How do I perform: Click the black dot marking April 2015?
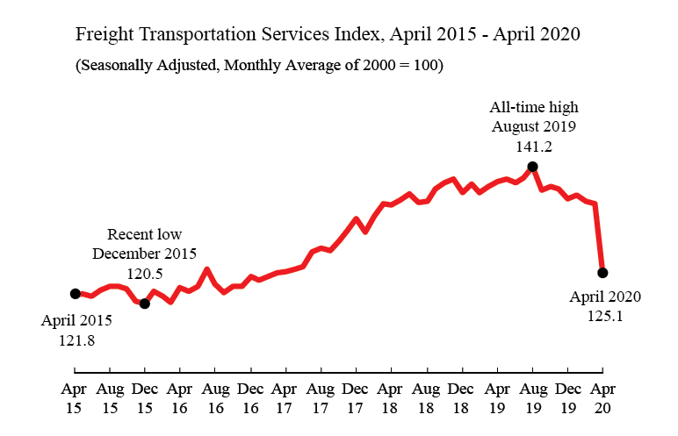pos(75,294)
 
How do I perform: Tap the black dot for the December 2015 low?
pos(145,304)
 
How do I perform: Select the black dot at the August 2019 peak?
pos(532,166)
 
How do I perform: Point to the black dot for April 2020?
pos(602,273)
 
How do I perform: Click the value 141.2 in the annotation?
pos(533,146)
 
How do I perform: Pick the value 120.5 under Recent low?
pos(145,274)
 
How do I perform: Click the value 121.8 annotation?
pos(76,339)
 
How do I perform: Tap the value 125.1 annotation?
pos(605,316)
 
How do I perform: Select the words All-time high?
pos(534,107)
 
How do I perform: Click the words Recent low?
pos(145,234)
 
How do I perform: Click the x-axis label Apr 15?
pos(75,397)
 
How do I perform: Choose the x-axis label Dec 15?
pos(145,397)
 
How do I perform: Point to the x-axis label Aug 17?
pos(321,397)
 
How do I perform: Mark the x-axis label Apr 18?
pos(391,397)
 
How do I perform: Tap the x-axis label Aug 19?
pos(532,397)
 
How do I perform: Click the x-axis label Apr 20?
pos(602,397)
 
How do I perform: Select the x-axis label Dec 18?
pos(461,397)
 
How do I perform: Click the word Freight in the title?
pos(105,36)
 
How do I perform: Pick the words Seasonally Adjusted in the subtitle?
pos(146,67)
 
